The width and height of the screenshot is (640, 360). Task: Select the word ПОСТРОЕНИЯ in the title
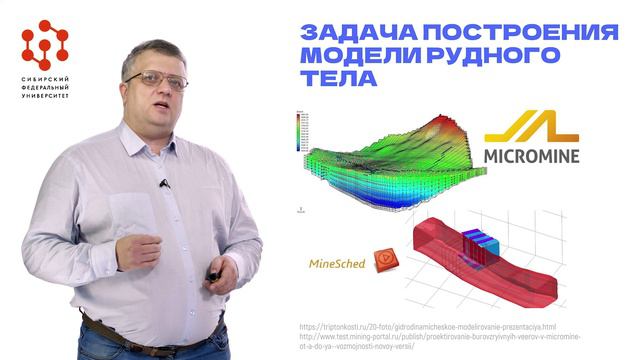point(514,32)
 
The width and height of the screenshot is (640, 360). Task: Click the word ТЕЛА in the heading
point(335,77)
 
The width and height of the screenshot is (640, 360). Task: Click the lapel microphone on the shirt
point(164,183)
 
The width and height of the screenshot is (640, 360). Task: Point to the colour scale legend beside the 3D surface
point(292,130)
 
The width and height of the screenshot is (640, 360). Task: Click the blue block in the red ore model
point(476,241)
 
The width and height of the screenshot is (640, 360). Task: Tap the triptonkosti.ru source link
point(441,326)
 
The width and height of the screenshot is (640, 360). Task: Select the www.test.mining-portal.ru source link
point(461,338)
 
